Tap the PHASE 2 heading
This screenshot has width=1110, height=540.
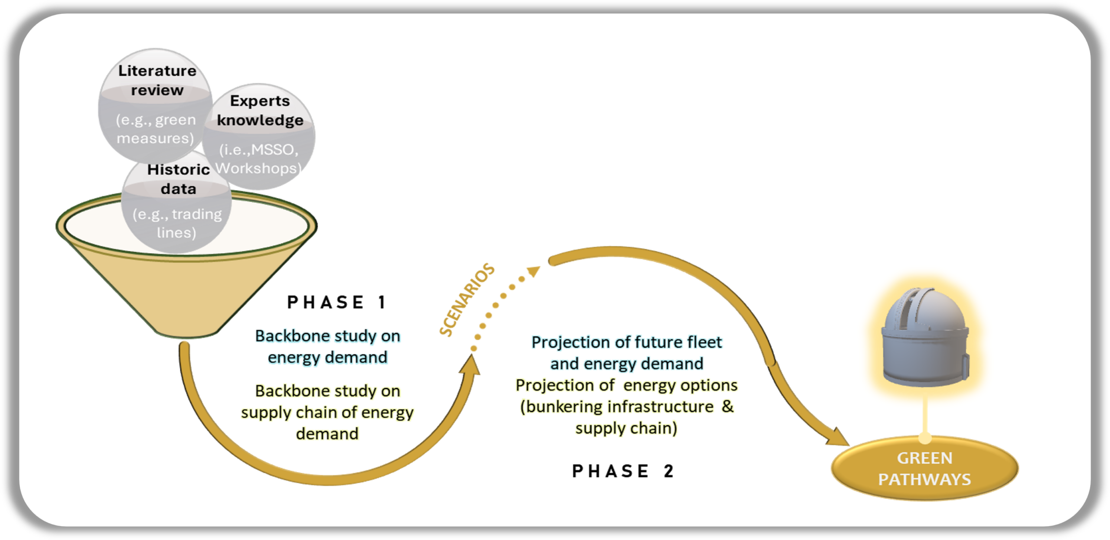[623, 471]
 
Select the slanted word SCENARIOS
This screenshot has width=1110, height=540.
[467, 299]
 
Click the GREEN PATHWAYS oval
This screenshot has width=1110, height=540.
[924, 468]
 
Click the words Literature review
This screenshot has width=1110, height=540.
[157, 80]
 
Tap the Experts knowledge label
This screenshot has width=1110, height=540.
[260, 110]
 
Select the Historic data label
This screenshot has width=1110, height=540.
[178, 179]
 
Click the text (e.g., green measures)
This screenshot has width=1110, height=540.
[155, 129]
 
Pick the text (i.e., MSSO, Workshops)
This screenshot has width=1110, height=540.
[258, 159]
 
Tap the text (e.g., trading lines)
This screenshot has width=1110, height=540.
[177, 223]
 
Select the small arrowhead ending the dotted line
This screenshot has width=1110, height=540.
[534, 272]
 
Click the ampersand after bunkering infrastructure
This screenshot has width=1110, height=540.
[728, 407]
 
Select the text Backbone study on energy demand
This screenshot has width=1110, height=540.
[327, 346]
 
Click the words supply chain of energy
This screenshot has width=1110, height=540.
[327, 412]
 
